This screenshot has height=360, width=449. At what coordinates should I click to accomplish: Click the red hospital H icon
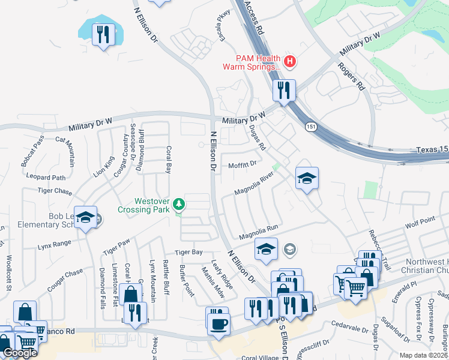tap(291, 61)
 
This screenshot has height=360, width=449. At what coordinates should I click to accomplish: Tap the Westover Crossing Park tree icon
tap(178, 205)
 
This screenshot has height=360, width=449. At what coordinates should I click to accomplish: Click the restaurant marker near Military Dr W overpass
tap(283, 90)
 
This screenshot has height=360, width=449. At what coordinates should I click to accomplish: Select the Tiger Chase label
tap(55, 192)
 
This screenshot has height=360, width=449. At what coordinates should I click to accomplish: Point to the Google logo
tap(20, 353)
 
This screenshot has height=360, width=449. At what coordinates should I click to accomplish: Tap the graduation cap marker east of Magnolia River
tap(307, 178)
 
